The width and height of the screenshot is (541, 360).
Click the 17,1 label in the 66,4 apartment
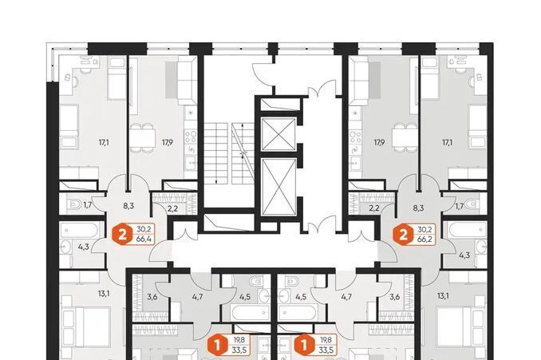103,141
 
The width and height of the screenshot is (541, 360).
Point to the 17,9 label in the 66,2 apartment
379,141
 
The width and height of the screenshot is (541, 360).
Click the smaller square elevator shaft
278,134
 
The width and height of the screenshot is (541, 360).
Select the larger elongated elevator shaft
278,187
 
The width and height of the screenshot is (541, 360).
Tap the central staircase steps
229,153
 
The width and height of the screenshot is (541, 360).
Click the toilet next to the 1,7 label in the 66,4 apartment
75,205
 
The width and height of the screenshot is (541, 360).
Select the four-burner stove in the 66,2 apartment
354,136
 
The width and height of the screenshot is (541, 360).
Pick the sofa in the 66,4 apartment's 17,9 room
188,81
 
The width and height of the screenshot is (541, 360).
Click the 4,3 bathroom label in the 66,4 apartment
83,247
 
